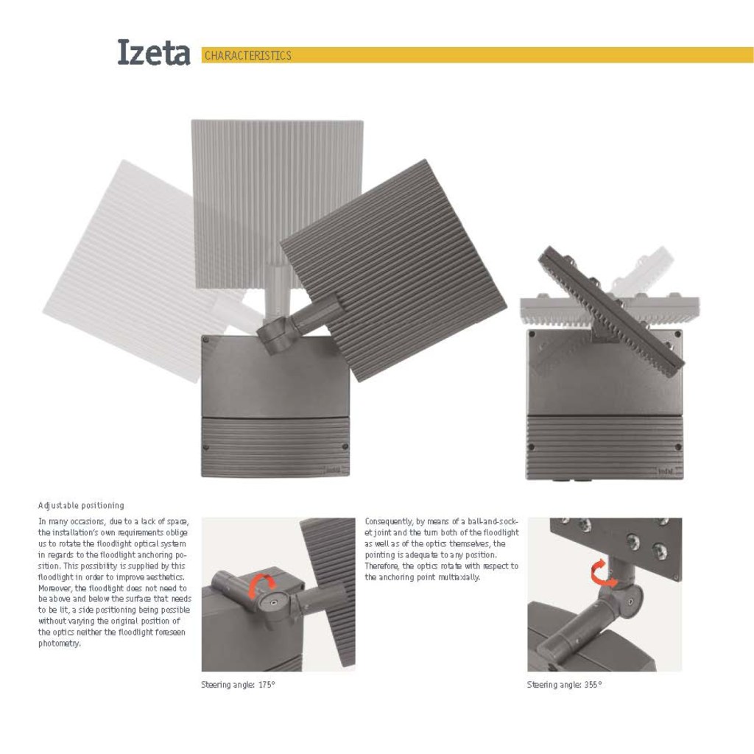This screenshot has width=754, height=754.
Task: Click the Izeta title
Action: pyautogui.click(x=153, y=53)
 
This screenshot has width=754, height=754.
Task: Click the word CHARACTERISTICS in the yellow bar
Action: pyautogui.click(x=247, y=56)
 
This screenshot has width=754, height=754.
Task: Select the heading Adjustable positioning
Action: pyautogui.click(x=81, y=506)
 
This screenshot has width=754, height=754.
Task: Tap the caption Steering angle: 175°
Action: pyautogui.click(x=238, y=685)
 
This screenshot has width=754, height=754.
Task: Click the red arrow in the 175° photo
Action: pyautogui.click(x=261, y=587)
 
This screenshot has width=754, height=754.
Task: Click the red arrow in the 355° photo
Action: pyautogui.click(x=603, y=573)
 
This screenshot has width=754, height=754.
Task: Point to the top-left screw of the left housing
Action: pyautogui.click(x=206, y=340)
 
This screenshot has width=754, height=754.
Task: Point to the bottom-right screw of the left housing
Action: pyautogui.click(x=345, y=447)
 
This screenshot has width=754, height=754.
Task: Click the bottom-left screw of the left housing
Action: pyautogui.click(x=206, y=447)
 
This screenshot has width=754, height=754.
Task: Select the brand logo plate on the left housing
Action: pyautogui.click(x=334, y=469)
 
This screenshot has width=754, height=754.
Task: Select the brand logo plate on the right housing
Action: pyautogui.click(x=665, y=470)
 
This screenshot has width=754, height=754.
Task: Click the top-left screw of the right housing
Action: pyautogui.click(x=532, y=334)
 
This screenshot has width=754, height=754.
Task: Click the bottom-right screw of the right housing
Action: pyautogui.click(x=677, y=447)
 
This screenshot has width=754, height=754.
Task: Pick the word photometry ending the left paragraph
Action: pyautogui.click(x=59, y=644)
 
